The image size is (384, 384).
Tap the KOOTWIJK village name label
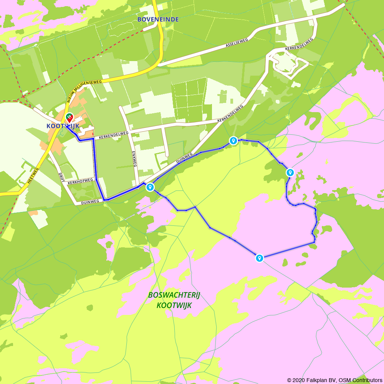tap(62, 126)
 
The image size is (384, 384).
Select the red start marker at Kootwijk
tap(69, 118)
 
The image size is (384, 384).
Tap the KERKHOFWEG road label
tap(80, 180)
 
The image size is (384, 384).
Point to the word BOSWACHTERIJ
tap(174, 295)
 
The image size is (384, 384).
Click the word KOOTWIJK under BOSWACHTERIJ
tap(174, 306)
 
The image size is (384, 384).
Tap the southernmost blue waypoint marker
tap(260, 258)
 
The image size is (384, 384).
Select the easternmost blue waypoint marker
tap(290, 172)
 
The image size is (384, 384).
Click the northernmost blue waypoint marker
tap(233, 141)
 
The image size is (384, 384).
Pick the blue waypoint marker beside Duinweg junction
tap(150, 187)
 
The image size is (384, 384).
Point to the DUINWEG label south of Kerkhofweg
tap(90, 201)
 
